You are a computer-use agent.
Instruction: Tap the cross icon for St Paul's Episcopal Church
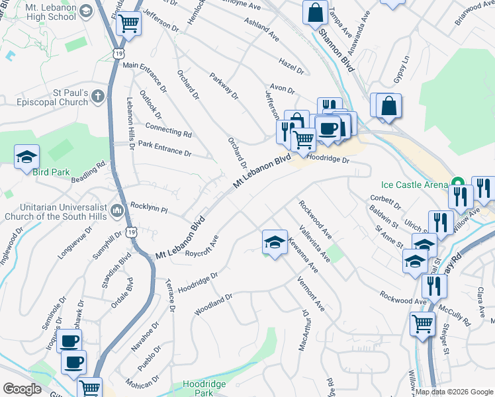pos(97,97)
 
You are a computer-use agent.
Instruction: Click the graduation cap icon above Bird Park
pos(27,156)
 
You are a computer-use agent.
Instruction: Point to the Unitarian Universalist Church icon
pos(118,210)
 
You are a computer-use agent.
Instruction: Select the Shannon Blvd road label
pos(336,49)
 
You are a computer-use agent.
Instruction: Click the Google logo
pos(22,389)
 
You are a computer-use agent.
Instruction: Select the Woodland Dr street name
pos(213,304)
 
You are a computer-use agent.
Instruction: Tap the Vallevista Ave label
pos(314,245)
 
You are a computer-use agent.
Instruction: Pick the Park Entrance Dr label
pos(164,148)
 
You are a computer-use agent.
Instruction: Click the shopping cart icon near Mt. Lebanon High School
pos(128,24)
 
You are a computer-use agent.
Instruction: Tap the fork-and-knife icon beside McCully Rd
pos(434,286)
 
